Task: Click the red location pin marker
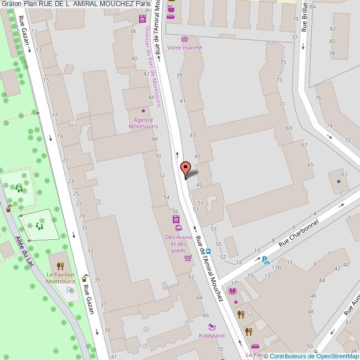click(186, 168)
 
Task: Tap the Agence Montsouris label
click(143, 123)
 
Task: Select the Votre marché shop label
click(184, 48)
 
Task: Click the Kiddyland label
click(212, 336)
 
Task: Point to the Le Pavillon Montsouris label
click(61, 277)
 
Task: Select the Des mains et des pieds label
click(178, 244)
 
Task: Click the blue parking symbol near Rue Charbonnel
click(265, 260)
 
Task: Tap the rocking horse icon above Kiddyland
click(212, 327)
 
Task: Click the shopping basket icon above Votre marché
click(184, 39)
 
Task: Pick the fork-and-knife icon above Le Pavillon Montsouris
click(60, 265)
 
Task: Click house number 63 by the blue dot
click(344, 174)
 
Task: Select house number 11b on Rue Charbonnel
click(276, 268)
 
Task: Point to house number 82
click(333, 29)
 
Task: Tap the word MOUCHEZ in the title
click(115, 4)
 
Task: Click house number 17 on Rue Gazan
click(54, 115)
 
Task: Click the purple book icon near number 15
click(233, 291)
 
